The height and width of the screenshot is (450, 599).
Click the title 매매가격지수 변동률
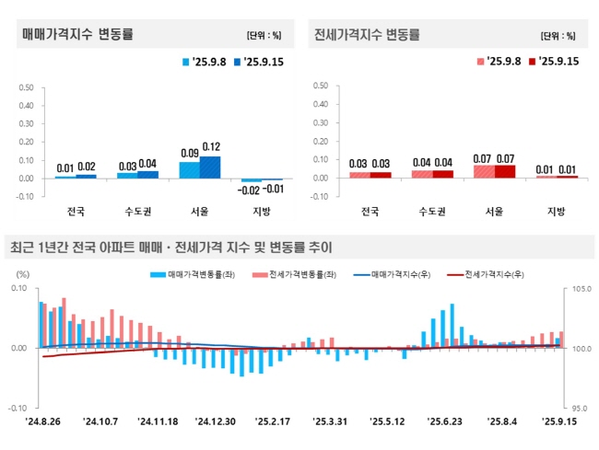click(77, 35)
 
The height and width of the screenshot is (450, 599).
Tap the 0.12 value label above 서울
click(211, 147)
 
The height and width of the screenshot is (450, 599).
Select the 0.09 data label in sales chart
click(189, 153)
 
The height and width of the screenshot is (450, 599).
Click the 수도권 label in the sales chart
click(138, 212)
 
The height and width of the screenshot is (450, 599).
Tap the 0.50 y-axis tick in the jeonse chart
click(322, 87)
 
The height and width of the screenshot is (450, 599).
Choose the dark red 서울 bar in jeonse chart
click(505, 171)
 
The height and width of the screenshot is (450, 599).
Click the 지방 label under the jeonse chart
click(556, 212)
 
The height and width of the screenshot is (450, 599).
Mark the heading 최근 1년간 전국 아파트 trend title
click(171, 248)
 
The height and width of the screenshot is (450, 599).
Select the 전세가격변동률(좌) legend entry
click(304, 274)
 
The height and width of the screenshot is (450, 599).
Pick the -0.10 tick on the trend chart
click(19, 407)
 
